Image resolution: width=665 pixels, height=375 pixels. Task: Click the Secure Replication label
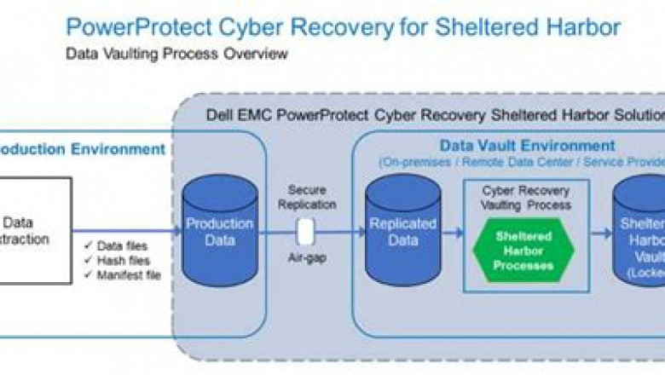tap(307, 198)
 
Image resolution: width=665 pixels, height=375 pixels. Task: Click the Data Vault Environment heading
tap(526, 146)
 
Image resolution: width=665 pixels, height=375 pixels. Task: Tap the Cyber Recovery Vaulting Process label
tap(523, 199)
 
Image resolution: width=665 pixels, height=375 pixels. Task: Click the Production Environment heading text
tap(81, 149)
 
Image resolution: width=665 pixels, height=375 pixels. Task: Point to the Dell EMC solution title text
tap(435, 114)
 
